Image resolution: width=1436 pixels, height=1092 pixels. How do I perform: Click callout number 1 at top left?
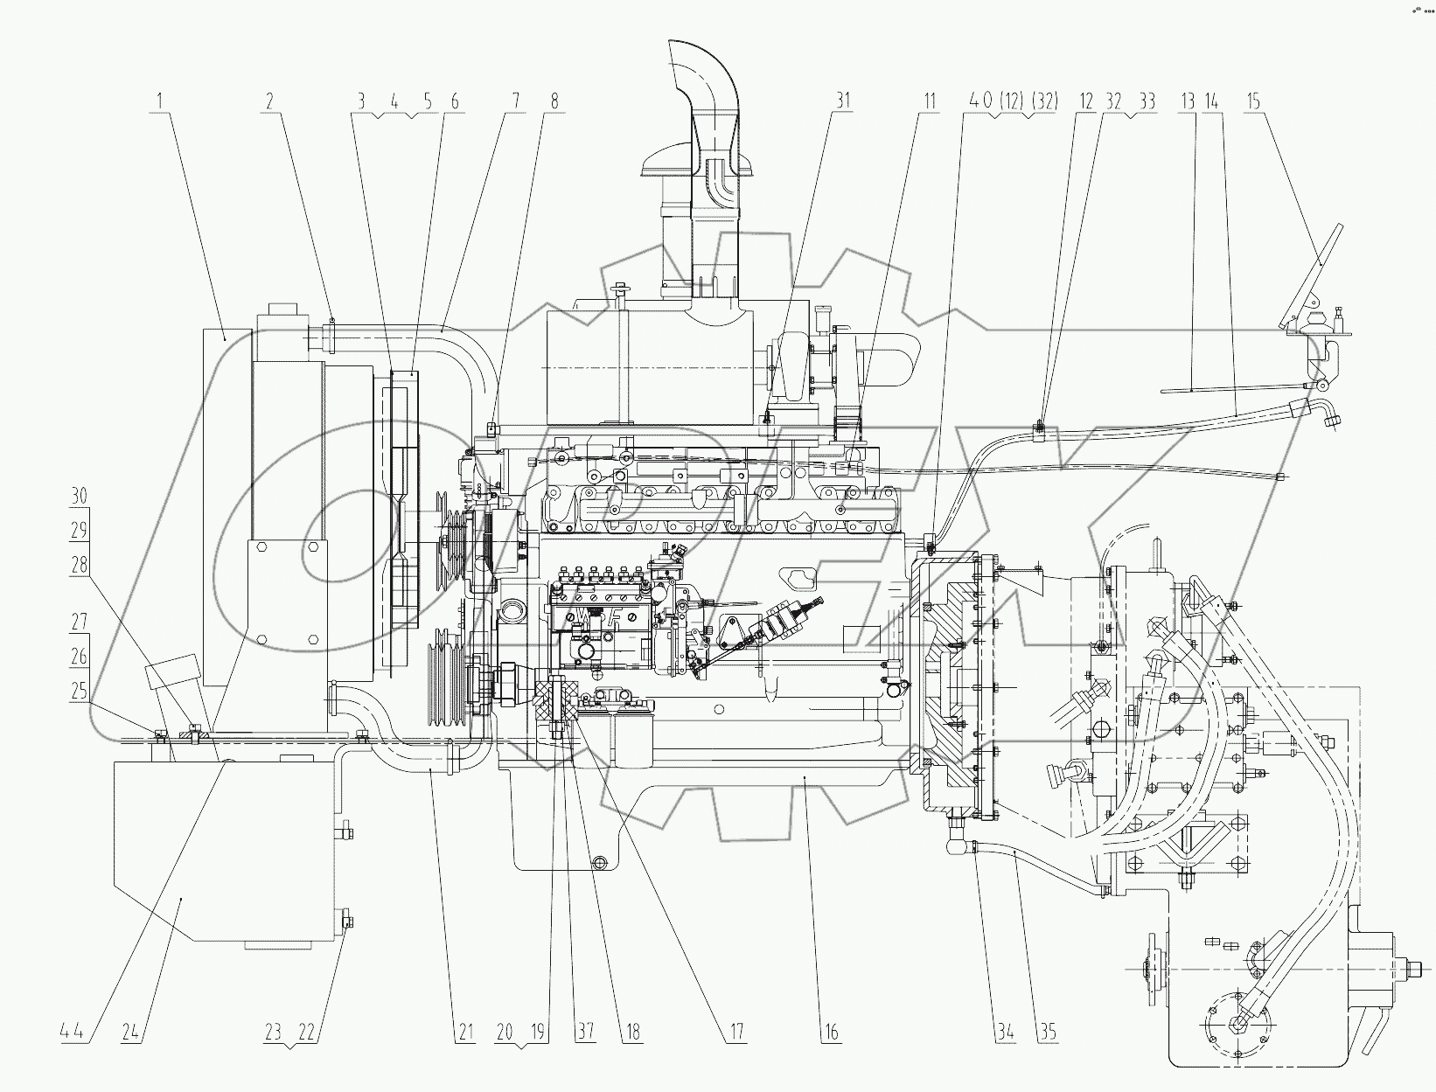159,101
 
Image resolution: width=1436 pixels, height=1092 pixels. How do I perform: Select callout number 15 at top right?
1253,101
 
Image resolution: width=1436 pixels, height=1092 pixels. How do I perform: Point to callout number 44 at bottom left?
74,1033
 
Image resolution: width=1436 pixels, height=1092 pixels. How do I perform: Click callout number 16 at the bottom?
831,1033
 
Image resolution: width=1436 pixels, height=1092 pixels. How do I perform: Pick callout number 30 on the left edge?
79,497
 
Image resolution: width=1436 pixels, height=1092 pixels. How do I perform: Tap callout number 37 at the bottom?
584,1033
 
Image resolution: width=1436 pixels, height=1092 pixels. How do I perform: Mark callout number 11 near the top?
929,101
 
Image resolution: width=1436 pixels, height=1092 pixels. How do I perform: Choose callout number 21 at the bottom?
465,1033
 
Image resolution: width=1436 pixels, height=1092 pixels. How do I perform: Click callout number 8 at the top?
553,101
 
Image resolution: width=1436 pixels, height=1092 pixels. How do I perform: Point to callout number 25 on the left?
79,692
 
